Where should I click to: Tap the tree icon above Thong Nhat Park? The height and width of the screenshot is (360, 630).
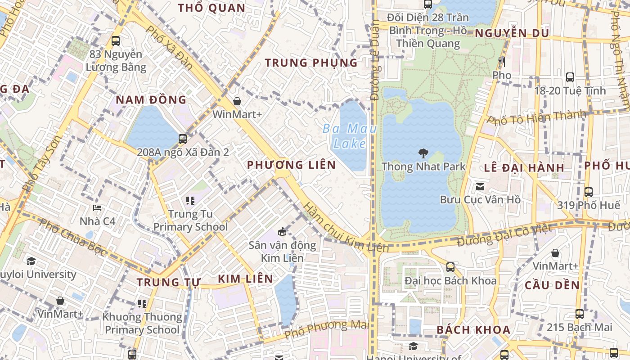(x=423, y=153)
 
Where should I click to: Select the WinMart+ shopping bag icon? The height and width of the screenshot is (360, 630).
(x=237, y=101)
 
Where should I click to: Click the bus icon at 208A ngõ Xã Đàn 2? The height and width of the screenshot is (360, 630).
(x=183, y=139)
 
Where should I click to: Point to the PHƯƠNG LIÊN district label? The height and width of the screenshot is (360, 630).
(x=292, y=165)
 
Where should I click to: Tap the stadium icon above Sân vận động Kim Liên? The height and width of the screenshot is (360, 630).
(x=282, y=232)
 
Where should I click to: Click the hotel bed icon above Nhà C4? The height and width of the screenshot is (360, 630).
(x=97, y=208)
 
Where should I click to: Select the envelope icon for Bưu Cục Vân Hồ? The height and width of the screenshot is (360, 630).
(x=480, y=186)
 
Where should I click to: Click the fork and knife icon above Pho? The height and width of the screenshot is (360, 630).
(x=502, y=62)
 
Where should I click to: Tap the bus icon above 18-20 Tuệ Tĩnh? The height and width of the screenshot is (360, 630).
(x=570, y=77)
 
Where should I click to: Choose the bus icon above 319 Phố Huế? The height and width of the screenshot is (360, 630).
(x=588, y=192)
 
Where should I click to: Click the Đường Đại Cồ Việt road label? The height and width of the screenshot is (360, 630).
(x=504, y=235)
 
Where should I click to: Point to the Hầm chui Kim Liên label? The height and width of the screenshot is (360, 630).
(x=346, y=227)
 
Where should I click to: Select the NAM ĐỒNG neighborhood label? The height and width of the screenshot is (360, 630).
(x=151, y=99)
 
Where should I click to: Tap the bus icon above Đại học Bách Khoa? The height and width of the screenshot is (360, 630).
(x=450, y=267)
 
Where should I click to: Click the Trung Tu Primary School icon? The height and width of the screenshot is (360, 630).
(x=190, y=200)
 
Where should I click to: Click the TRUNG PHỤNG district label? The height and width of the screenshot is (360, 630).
(x=311, y=63)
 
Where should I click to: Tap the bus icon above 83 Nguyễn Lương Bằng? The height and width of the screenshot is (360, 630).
(x=116, y=41)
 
